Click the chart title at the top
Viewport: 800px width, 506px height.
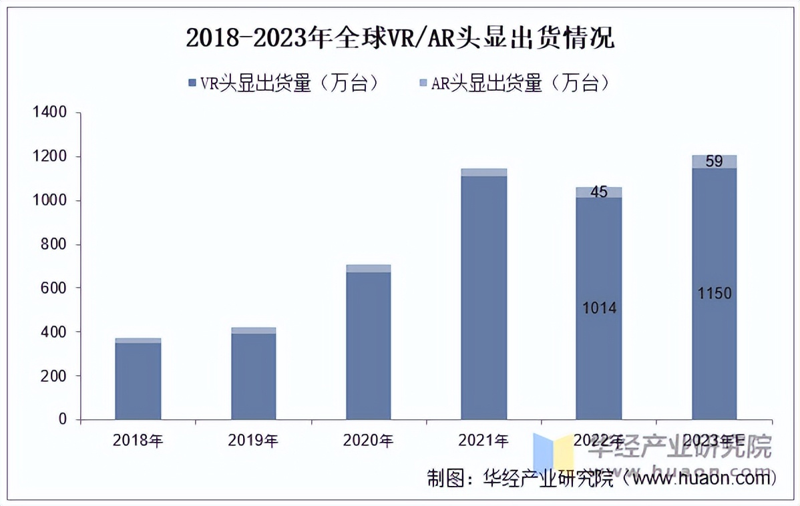click(x=399, y=39)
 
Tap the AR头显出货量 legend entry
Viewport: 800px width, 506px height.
click(x=514, y=83)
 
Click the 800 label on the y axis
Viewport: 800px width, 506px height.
click(x=53, y=244)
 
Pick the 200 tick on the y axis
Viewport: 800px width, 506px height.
click(x=53, y=376)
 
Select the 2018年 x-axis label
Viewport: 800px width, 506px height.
click(x=138, y=440)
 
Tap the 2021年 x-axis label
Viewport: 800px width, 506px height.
click(x=483, y=440)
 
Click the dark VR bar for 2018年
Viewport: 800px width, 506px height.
click(x=138, y=381)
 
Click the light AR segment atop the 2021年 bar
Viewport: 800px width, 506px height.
click(x=484, y=172)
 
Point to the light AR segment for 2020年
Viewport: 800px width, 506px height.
click(x=369, y=268)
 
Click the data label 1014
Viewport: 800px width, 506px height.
click(x=599, y=308)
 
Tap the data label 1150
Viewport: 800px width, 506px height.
click(x=715, y=293)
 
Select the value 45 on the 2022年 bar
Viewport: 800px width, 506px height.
click(x=599, y=192)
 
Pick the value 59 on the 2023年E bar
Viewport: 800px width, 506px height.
click(x=715, y=161)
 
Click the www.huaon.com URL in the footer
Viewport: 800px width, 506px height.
click(x=701, y=477)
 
